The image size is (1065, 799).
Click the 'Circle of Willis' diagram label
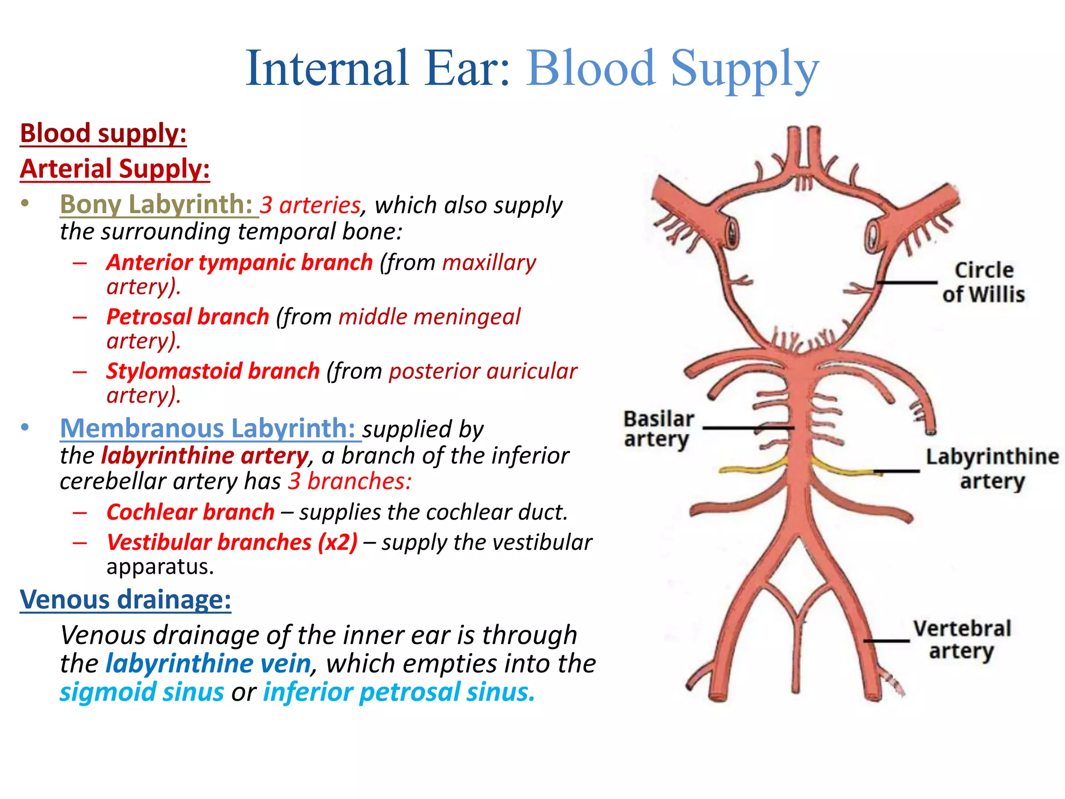pos(983,282)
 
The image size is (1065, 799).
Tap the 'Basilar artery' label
pos(658,429)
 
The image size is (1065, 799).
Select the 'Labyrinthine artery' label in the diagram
pos(992,468)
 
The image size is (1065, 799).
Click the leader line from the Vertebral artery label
pos(887,641)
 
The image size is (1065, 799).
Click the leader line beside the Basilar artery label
pos(749,428)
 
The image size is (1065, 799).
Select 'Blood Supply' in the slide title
pos(673,68)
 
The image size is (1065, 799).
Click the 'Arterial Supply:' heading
pos(115,169)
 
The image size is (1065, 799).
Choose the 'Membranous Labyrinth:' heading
pos(207,429)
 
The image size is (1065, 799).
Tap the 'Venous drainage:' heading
pos(125,599)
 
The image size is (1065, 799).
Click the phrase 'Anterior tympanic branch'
pos(239,262)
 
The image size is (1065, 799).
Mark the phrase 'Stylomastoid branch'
pos(213,371)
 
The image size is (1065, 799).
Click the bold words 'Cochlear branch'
pos(190,512)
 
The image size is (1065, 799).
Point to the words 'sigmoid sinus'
pos(141,692)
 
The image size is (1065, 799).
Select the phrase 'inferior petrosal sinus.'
pos(399,692)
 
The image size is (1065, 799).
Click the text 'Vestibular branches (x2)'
pos(232,542)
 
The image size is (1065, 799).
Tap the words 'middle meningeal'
pos(429,317)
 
